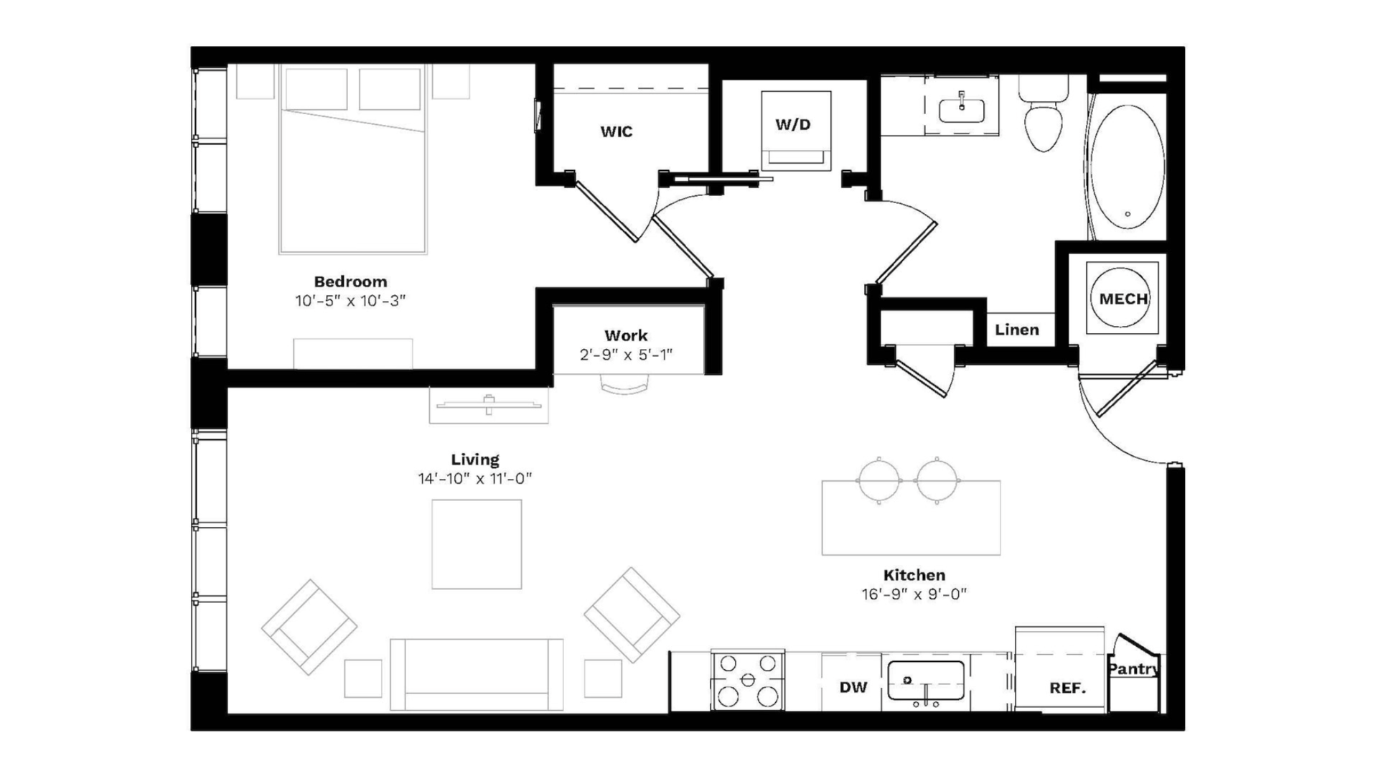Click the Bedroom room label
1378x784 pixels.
[350, 281]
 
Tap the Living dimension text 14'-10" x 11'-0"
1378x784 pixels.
[475, 479]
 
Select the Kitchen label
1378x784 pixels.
[914, 575]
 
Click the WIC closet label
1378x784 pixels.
[617, 131]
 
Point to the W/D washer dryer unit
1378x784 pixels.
[796, 130]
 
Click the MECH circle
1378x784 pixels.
[1122, 298]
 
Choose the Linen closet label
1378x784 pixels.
[1017, 330]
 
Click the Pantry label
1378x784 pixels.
[1133, 669]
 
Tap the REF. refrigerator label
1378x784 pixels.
[1067, 688]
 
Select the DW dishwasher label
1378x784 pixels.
[853, 687]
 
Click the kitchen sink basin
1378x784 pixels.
[926, 681]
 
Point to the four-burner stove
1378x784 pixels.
[748, 680]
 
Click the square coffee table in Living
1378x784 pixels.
[477, 544]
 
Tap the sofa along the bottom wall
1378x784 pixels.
[477, 674]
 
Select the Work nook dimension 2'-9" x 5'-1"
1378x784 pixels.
[626, 355]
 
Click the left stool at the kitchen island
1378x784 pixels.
[879, 480]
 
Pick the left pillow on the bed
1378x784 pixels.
[316, 89]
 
